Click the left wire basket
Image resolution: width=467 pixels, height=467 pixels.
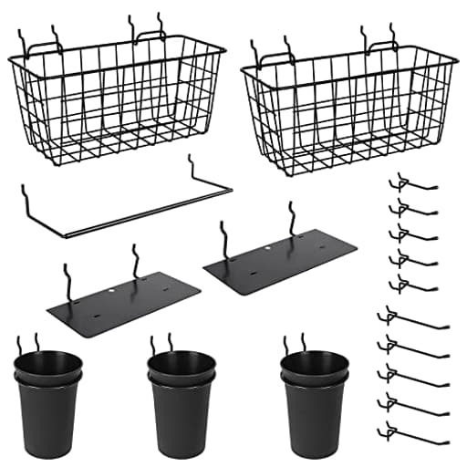117,96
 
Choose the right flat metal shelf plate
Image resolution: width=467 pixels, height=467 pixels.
279,260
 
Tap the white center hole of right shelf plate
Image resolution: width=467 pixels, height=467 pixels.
268,247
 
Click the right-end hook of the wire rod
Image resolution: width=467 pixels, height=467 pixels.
193,166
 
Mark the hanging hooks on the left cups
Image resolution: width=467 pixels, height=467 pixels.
27,345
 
